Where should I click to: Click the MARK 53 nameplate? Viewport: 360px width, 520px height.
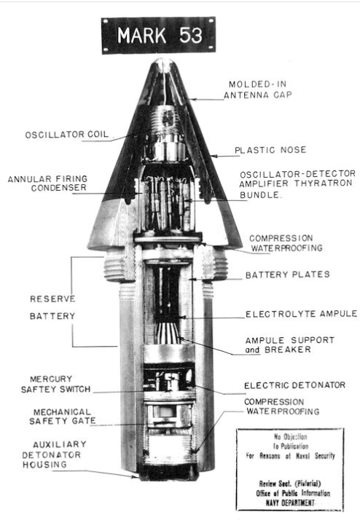point(158,35)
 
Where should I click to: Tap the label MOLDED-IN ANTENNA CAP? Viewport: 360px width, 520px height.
point(258,90)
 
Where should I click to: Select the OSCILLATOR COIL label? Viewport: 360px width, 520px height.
point(67,135)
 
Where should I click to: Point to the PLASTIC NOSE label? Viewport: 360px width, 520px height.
point(270,150)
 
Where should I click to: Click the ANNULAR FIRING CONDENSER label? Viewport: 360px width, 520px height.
point(48,184)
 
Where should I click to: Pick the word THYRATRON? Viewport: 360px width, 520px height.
point(324,184)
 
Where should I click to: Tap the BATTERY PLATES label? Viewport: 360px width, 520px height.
point(288,275)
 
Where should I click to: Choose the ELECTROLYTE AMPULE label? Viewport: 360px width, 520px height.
point(301,314)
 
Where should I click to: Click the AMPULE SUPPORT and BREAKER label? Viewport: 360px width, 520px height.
point(289,345)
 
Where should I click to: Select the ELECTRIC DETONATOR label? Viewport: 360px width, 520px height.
point(294,385)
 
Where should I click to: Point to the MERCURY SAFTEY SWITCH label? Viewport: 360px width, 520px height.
point(55,384)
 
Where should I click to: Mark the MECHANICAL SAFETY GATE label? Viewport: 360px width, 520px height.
point(63,417)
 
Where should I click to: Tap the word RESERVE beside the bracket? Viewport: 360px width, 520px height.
point(52,299)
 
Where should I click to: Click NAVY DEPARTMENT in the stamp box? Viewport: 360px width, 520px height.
point(290,503)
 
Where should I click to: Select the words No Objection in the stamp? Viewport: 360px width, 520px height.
point(291,436)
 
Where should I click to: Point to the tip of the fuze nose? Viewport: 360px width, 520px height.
point(164,60)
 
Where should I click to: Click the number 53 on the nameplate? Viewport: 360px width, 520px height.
point(191,35)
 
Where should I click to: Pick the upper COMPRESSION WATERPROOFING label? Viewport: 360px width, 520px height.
point(286,243)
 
